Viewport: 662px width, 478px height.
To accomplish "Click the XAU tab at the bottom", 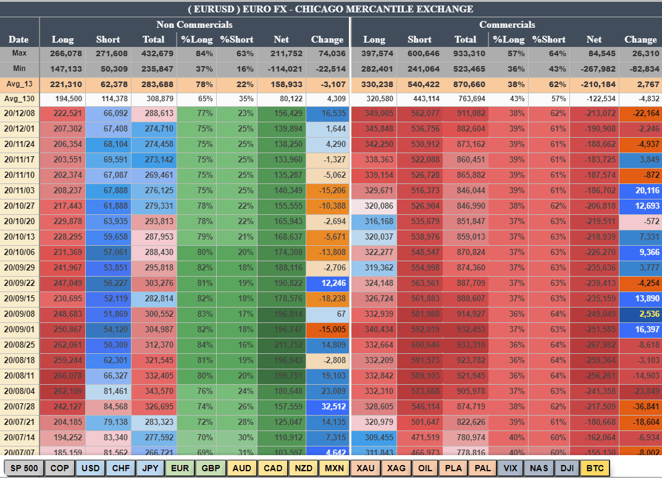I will [365, 468].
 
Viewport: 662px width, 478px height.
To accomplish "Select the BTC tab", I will [595, 468].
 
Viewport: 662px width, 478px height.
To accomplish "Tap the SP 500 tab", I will [24, 468].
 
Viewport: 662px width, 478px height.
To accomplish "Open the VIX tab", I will [509, 468].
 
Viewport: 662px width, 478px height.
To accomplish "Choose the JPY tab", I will [151, 468].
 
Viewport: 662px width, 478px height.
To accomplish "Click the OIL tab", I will [425, 468].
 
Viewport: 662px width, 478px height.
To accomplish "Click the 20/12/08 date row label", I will [19, 114].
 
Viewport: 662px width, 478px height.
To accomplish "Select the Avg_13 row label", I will [19, 84].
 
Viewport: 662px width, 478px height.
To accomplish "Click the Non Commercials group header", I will [194, 25].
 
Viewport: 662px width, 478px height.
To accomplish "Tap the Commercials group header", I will [507, 25].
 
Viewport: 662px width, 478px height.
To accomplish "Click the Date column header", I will [19, 40].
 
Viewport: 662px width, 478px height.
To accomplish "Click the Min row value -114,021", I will [281, 69].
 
